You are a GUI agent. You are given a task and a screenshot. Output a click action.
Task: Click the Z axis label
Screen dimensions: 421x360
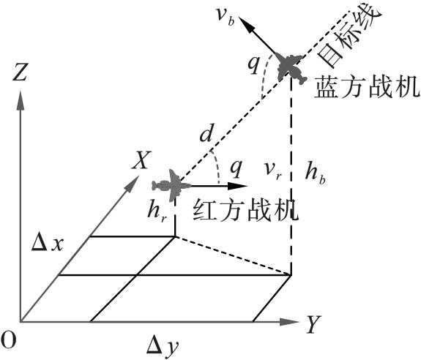(x=20, y=72)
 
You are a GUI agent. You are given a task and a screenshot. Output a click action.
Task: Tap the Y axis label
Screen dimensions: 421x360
(x=314, y=324)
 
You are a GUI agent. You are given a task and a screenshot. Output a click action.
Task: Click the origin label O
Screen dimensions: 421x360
(x=8, y=340)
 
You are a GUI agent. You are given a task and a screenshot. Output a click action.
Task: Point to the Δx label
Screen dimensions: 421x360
(x=48, y=244)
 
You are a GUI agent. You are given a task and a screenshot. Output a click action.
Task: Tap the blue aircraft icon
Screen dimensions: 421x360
(x=291, y=68)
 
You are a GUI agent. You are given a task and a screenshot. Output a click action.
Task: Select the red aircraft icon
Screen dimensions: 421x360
(x=171, y=185)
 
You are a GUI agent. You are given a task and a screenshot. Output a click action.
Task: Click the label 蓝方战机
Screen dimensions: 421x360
(x=367, y=86)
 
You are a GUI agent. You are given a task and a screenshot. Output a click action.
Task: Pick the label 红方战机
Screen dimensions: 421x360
(x=245, y=210)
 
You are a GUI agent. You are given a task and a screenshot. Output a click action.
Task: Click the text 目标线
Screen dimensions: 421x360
(x=349, y=36)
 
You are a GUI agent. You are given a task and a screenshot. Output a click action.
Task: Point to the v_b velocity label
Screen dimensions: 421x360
(x=225, y=18)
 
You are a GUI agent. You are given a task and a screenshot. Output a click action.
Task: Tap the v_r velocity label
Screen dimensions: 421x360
(x=272, y=171)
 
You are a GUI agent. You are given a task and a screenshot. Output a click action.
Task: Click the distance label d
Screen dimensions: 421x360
(x=206, y=134)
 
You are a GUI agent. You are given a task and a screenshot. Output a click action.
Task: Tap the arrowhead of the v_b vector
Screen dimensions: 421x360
(x=245, y=23)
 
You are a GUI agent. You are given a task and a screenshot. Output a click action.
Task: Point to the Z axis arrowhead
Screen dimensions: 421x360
(x=21, y=100)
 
